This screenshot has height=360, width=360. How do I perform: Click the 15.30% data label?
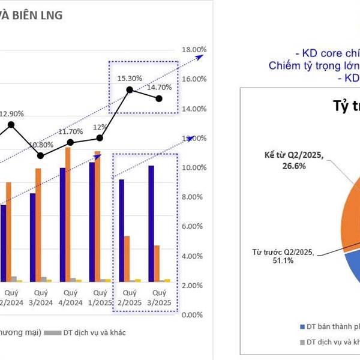pos(130,78)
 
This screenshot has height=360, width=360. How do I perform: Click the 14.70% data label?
pos(159,87)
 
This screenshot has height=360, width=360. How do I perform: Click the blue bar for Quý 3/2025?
pos(151,223)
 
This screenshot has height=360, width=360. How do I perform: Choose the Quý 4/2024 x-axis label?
pos(71,297)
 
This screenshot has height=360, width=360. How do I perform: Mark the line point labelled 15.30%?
pos(129,90)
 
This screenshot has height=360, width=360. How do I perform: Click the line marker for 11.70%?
pos(70,142)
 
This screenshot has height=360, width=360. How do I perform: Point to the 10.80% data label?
pos(41,145)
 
